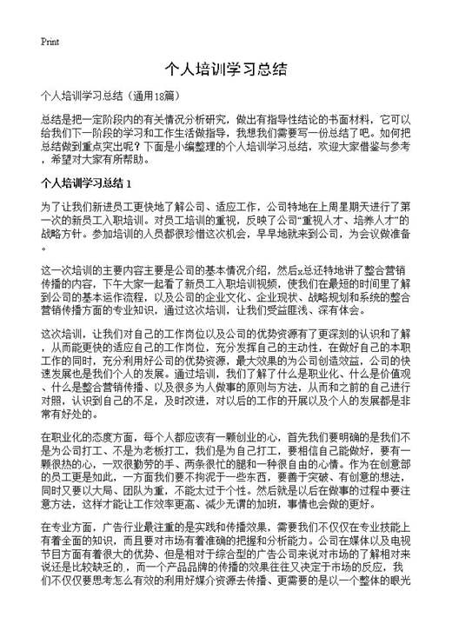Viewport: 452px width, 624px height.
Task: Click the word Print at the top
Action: point(50,41)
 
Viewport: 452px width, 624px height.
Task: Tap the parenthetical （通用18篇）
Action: point(154,94)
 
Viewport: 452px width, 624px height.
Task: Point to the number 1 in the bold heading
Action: point(128,184)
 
